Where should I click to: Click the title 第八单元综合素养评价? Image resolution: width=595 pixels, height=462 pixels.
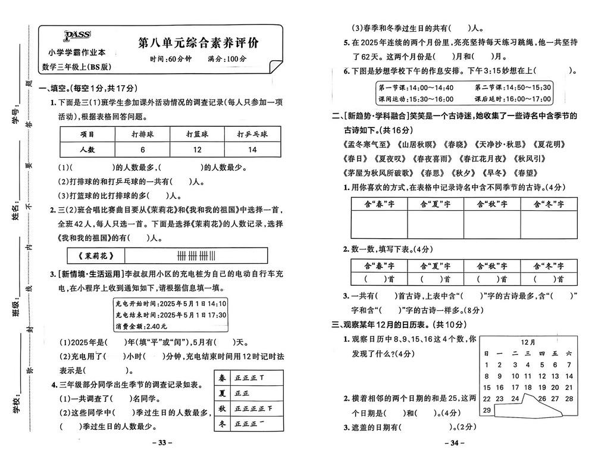click(x=202, y=43)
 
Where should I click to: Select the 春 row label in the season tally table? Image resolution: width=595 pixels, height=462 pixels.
click(x=223, y=377)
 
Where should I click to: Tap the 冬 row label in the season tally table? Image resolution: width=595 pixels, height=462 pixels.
click(x=223, y=423)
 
